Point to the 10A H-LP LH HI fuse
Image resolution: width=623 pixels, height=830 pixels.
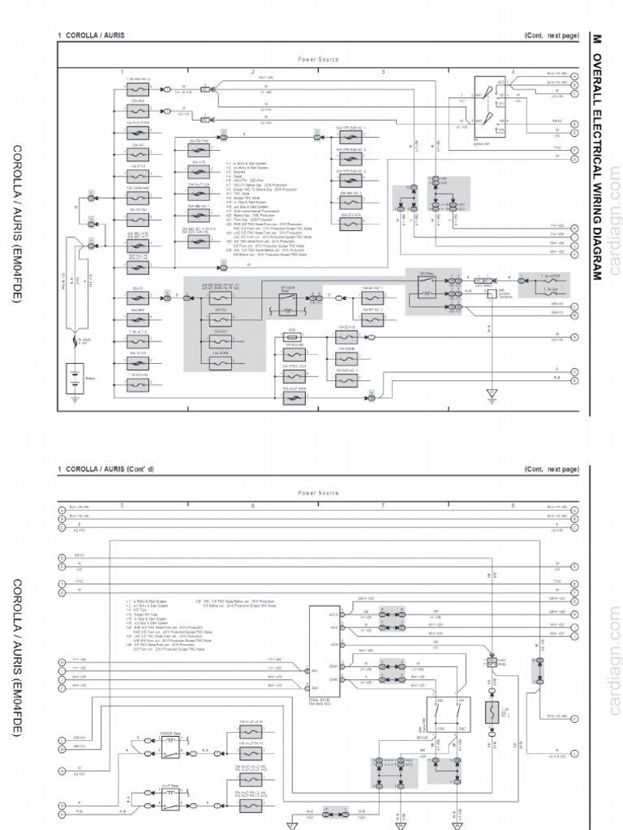250,732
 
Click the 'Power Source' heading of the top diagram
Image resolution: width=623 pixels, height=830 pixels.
318,59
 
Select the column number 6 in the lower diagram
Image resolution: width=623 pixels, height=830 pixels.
252,506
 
